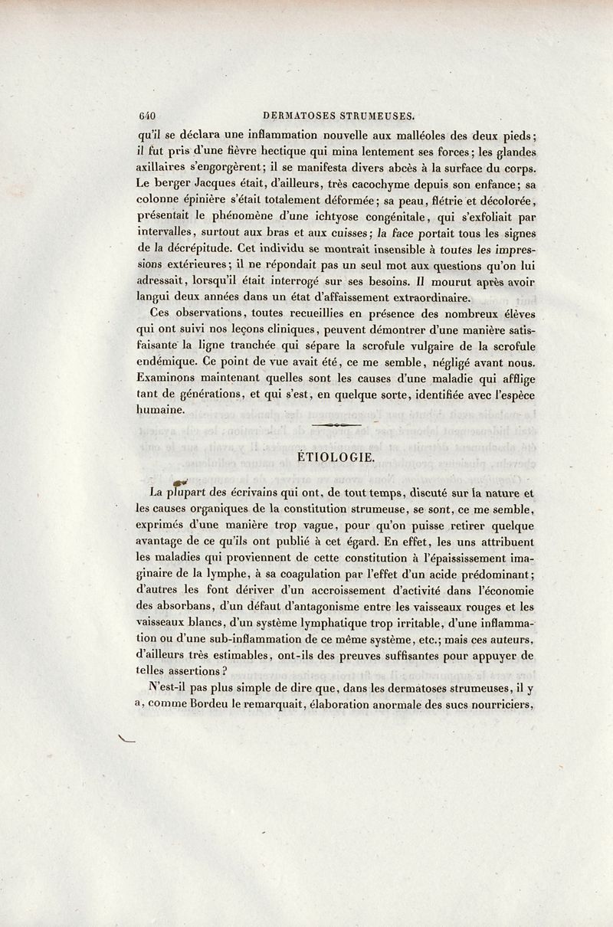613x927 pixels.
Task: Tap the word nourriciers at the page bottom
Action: tap(501, 706)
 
